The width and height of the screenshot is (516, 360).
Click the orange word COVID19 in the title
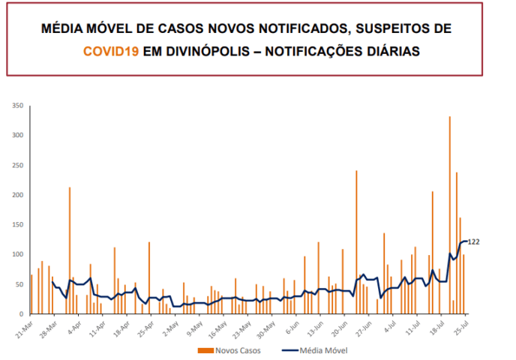111,51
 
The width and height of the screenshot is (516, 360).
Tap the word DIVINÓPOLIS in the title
208,51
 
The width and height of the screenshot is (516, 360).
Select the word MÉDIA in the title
61,28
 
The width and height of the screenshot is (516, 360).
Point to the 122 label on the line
473,242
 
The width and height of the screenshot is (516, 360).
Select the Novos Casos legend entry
229,350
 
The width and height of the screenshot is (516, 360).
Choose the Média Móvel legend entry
315,350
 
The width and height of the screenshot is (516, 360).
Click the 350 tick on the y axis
18,106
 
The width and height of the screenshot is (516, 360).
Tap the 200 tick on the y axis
18,195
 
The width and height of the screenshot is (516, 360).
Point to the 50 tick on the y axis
19,284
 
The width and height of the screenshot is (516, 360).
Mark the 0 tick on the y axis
22,314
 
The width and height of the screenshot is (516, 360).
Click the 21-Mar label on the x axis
24,329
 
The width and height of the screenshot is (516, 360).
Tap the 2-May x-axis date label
170,328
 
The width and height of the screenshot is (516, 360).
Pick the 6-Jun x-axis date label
292,328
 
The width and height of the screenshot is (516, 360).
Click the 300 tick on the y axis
18,135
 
